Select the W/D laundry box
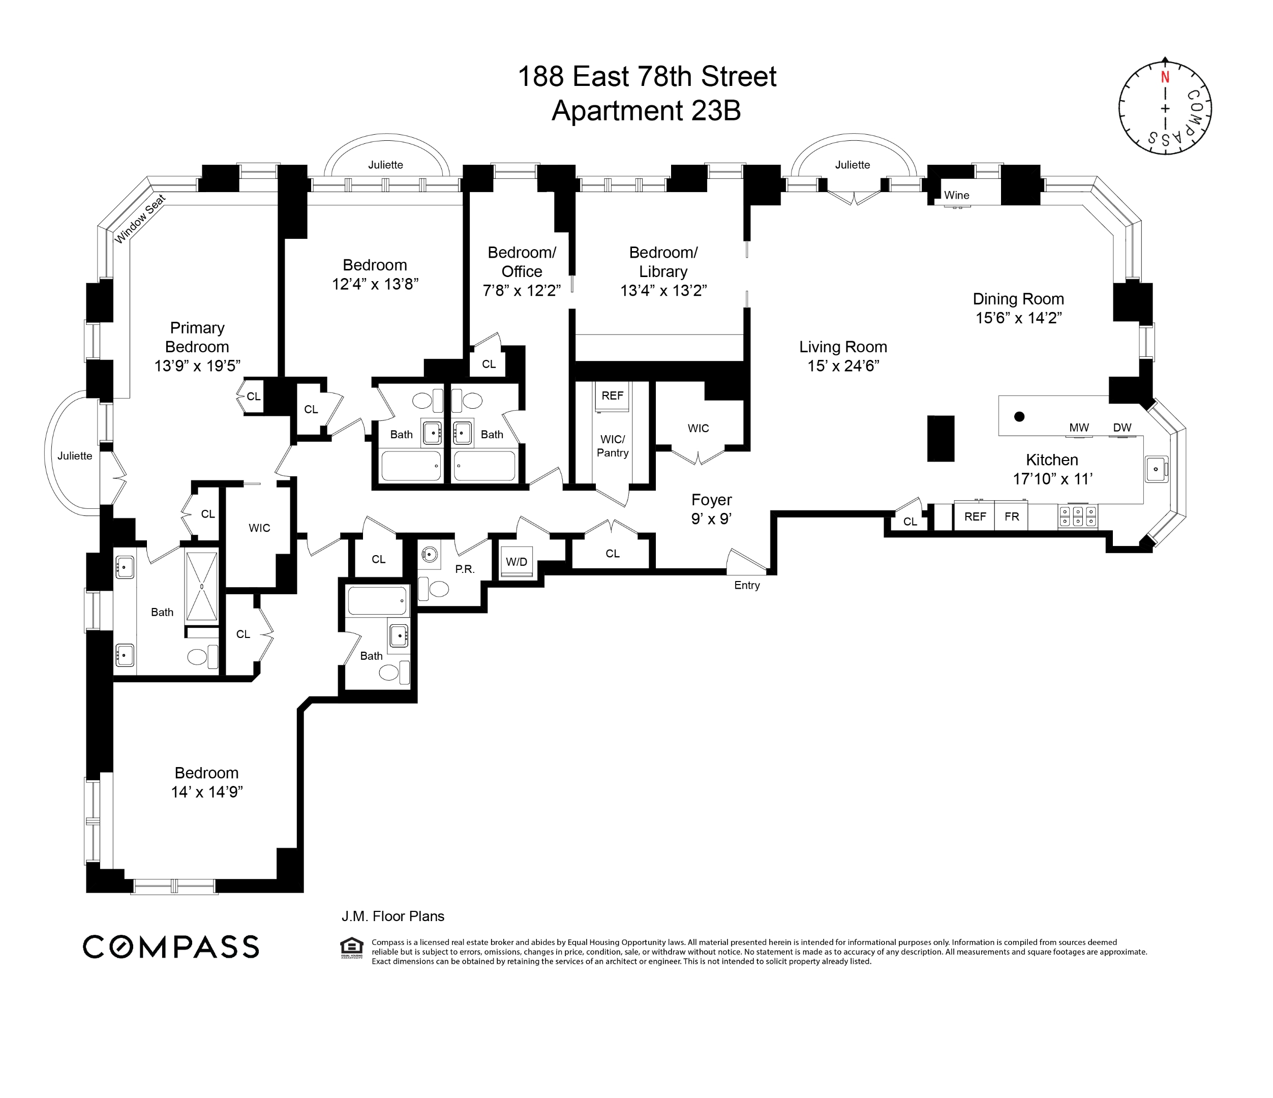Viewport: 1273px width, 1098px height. (x=517, y=562)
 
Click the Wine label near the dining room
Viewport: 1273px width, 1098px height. (x=957, y=195)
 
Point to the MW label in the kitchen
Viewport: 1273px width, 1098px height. (x=1079, y=428)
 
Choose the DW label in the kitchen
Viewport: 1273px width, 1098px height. (x=1122, y=428)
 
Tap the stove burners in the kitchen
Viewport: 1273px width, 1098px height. (x=1078, y=516)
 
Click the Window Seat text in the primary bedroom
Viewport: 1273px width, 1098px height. (x=140, y=219)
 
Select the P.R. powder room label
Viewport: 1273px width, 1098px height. (x=465, y=569)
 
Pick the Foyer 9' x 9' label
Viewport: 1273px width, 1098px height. (x=711, y=509)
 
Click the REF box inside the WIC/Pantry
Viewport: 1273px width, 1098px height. (x=612, y=395)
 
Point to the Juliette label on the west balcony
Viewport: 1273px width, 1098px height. (x=75, y=455)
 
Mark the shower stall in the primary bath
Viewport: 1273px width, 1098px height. (x=201, y=586)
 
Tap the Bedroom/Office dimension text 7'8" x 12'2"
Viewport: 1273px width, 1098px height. (x=521, y=290)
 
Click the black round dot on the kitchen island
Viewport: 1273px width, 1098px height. (x=1019, y=417)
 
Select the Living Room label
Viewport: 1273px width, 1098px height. (x=843, y=347)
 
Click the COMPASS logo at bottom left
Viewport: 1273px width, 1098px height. (x=171, y=947)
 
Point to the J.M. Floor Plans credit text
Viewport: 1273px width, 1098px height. (x=392, y=916)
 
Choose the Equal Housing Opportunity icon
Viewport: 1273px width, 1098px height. (x=351, y=948)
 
